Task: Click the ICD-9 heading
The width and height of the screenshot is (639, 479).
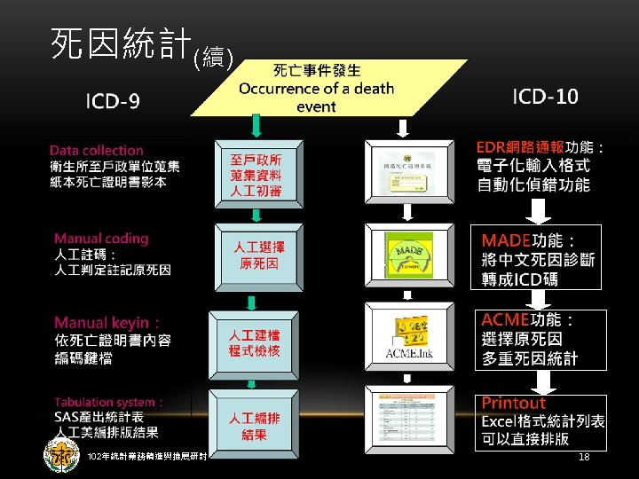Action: click(113, 101)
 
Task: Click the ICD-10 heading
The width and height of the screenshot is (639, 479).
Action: click(545, 97)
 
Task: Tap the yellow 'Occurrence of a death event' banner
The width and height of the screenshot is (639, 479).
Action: click(316, 89)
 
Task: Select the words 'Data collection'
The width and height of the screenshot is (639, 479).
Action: click(96, 150)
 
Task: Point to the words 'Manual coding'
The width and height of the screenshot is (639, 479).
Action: click(101, 238)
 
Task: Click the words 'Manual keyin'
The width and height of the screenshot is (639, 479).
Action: click(104, 323)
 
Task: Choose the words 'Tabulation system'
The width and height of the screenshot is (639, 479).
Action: click(107, 402)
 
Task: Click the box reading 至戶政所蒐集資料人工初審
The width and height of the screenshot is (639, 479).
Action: click(256, 175)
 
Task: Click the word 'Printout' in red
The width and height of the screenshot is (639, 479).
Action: click(514, 404)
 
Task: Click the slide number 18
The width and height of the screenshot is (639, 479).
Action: click(583, 456)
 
